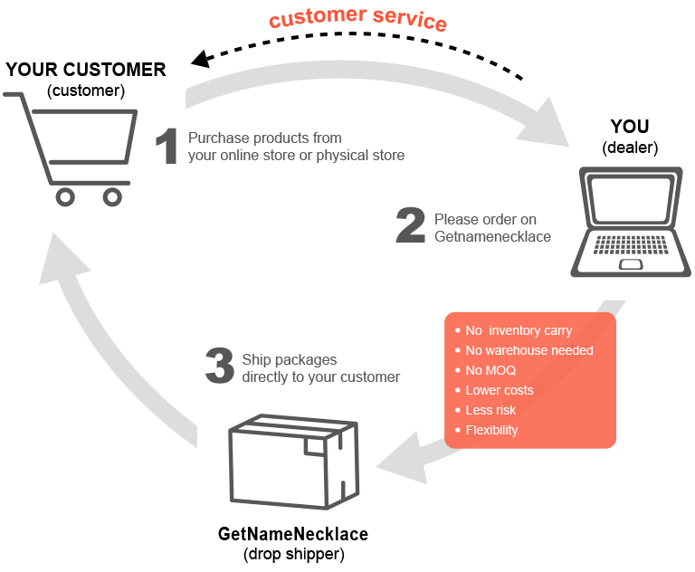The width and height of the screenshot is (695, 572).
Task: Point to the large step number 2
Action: click(x=410, y=227)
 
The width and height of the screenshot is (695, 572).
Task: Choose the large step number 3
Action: click(x=220, y=367)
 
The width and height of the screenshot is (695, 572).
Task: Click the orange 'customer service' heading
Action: click(x=358, y=19)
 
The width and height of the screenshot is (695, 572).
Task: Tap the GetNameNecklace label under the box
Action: click(x=293, y=534)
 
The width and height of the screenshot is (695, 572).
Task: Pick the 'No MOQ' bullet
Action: click(x=490, y=370)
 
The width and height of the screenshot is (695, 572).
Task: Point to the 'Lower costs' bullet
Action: click(x=500, y=390)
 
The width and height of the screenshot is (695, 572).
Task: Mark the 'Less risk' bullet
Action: click(x=490, y=410)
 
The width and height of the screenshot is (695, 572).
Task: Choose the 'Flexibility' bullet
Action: click(x=491, y=430)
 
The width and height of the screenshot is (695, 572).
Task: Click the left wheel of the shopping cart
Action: click(x=65, y=196)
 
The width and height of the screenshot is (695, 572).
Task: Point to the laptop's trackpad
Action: click(x=631, y=264)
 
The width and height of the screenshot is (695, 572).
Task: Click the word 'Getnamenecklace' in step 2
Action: click(x=492, y=236)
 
